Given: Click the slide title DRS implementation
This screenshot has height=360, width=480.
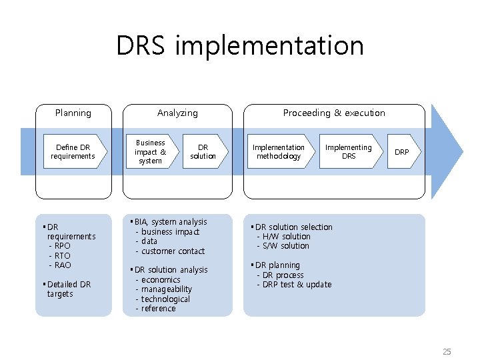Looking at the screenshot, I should pyautogui.click(x=240, y=46).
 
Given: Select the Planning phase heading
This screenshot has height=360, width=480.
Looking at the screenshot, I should pyautogui.click(x=73, y=113).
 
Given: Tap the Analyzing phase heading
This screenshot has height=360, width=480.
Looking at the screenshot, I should pyautogui.click(x=177, y=113).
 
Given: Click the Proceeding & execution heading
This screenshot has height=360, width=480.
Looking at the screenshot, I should pyautogui.click(x=334, y=113).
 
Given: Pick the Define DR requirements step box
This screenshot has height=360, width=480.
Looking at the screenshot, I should pyautogui.click(x=73, y=152).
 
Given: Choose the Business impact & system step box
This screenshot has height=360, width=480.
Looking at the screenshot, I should pyautogui.click(x=151, y=152).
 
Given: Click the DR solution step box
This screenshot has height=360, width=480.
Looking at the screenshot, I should pyautogui.click(x=203, y=152).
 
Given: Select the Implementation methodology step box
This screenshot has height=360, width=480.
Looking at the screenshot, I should pyautogui.click(x=278, y=152).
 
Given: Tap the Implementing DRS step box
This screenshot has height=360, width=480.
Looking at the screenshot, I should pyautogui.click(x=348, y=152).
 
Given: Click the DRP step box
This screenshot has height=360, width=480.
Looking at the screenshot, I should pyautogui.click(x=402, y=152).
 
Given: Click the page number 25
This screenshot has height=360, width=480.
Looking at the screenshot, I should pyautogui.click(x=446, y=351).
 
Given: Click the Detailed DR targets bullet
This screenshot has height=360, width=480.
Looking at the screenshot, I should pyautogui.click(x=68, y=289).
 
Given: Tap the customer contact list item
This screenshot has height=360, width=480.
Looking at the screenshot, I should pyautogui.click(x=173, y=251).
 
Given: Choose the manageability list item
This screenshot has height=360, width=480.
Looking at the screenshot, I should pyautogui.click(x=166, y=289).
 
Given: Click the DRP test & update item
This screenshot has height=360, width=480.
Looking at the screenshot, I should pyautogui.click(x=297, y=285).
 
